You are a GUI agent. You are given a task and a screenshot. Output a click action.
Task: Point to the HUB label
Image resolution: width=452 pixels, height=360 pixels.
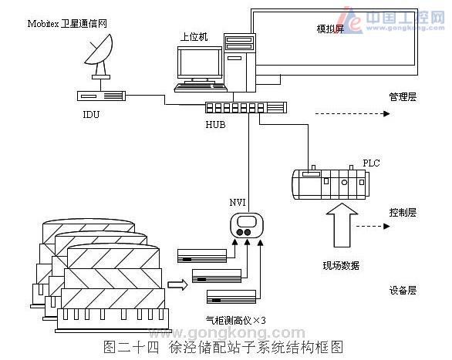(216, 124)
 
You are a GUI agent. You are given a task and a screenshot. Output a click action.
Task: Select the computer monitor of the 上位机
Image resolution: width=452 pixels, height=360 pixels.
(199, 66)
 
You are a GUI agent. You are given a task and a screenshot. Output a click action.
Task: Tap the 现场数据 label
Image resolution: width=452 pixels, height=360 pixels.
(340, 266)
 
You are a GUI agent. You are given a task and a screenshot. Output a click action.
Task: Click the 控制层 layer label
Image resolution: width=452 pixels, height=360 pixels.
(403, 211)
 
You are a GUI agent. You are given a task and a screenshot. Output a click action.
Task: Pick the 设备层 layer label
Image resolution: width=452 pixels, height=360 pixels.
(403, 291)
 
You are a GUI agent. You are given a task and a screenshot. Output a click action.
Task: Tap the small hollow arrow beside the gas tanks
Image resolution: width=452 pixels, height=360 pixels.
(177, 284)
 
